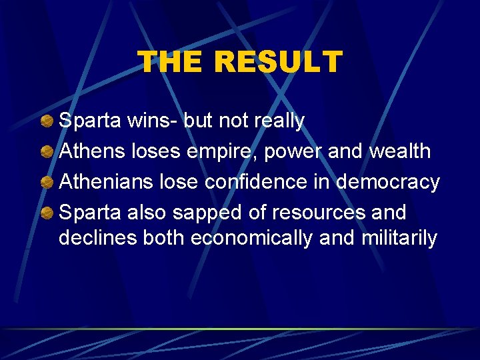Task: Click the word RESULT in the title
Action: pyautogui.click(x=278, y=62)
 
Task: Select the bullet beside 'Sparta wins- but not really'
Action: pyautogui.click(x=47, y=121)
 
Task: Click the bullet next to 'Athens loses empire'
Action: pyautogui.click(x=47, y=151)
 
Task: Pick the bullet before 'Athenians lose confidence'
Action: pyautogui.click(x=47, y=182)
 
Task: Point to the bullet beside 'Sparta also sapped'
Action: pyautogui.click(x=47, y=213)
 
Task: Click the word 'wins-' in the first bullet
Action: pyautogui.click(x=151, y=121)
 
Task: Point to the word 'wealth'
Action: pyautogui.click(x=400, y=151)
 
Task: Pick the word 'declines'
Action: pyautogui.click(x=98, y=238)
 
